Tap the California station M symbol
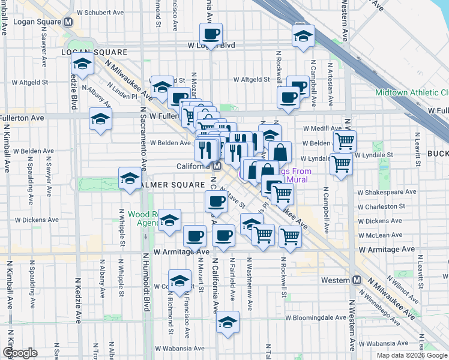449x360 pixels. tap(218, 166)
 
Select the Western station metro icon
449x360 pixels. tap(357, 280)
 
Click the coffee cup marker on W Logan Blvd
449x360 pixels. tap(211, 35)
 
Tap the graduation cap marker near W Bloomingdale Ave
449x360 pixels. tap(228, 323)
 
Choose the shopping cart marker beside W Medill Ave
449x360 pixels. tap(345, 142)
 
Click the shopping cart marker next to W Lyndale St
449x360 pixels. tap(341, 163)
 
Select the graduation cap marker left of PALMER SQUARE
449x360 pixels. tap(130, 179)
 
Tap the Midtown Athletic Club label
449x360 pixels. tap(412, 92)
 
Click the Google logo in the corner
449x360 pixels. tap(20, 353)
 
